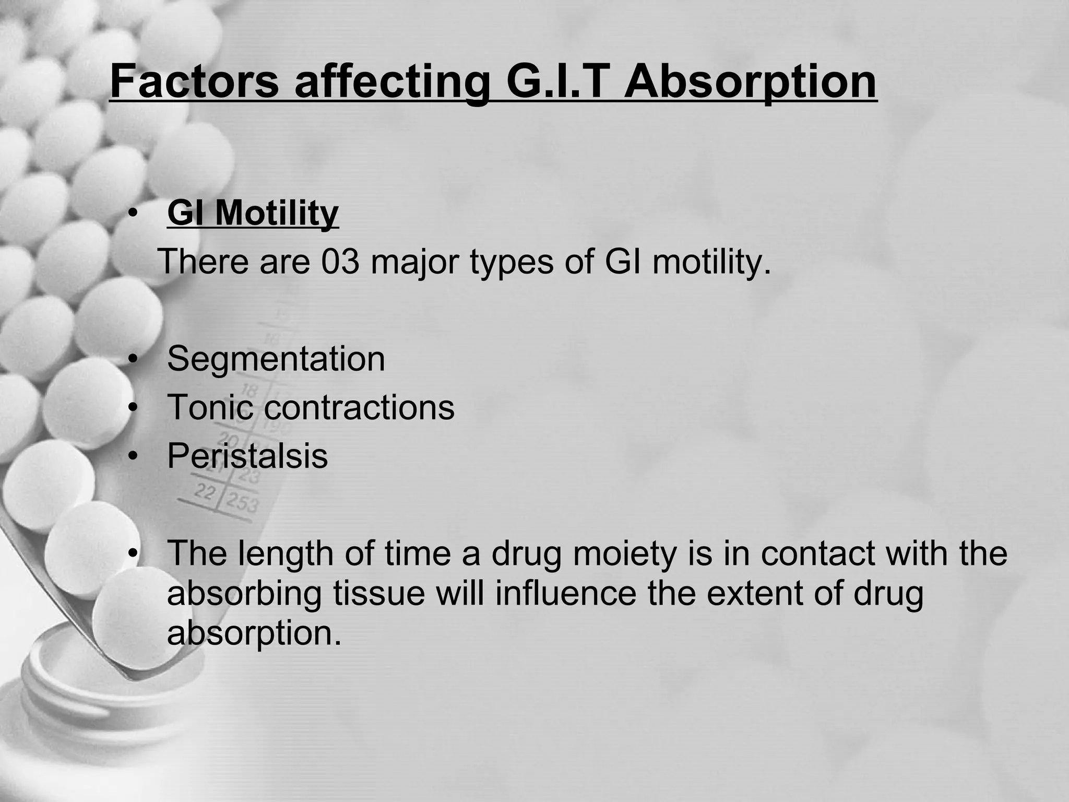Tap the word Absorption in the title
(750, 82)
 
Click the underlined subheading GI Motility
(253, 214)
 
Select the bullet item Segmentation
(276, 359)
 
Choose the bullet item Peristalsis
(247, 456)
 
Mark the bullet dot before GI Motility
(134, 215)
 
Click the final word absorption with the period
(254, 634)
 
